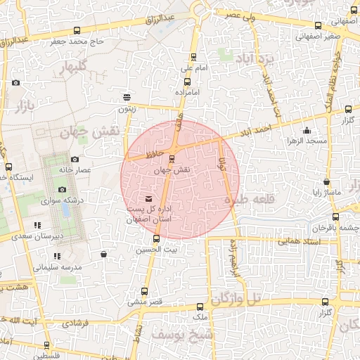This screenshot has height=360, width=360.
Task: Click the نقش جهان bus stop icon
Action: (x=172, y=158)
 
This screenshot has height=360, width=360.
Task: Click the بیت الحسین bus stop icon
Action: (x=156, y=238)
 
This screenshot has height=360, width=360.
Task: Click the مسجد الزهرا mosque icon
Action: (x=307, y=130)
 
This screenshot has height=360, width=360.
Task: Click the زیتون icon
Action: (x=127, y=97)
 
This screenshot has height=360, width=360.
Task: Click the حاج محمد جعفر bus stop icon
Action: (x=76, y=30)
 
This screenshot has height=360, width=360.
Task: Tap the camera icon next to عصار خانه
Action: (x=75, y=159)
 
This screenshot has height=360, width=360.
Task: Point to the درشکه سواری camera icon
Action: (x=62, y=189)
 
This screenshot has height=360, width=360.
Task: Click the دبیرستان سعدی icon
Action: (x=37, y=225)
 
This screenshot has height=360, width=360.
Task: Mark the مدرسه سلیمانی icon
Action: (x=57, y=256)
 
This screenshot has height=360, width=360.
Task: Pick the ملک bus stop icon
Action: (x=201, y=307)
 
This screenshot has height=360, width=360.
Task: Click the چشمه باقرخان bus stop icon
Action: (x=335, y=217)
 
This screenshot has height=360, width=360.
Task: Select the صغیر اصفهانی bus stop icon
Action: (x=318, y=26)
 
